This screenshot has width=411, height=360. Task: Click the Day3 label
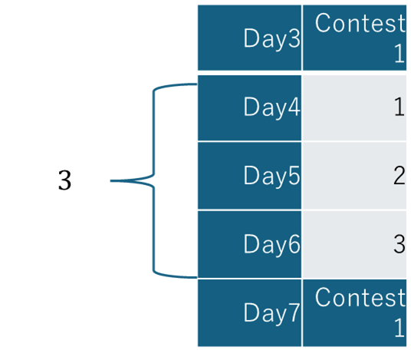click(271, 39)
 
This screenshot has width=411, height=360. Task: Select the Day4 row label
click(271, 107)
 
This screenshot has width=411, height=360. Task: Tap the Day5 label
click(271, 176)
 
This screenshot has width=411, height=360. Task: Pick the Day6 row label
click(271, 244)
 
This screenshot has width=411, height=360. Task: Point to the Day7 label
click(271, 312)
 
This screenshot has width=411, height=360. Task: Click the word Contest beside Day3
click(360, 23)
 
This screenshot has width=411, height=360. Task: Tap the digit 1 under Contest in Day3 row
click(399, 53)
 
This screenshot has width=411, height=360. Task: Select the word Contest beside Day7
click(360, 297)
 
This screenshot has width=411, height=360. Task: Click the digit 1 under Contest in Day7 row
click(399, 328)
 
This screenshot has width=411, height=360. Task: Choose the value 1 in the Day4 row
click(399, 107)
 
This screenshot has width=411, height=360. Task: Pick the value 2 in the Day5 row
click(399, 175)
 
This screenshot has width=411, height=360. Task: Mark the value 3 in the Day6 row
click(399, 244)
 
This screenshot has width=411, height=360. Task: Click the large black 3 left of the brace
click(64, 180)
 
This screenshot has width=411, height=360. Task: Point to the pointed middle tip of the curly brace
click(110, 181)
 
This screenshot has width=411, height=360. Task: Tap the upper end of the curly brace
click(196, 84)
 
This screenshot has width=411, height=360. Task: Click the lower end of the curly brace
click(196, 277)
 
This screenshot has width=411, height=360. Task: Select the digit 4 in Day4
click(294, 106)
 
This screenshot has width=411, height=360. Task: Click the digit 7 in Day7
click(294, 312)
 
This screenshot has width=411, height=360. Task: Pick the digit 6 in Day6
click(294, 243)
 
